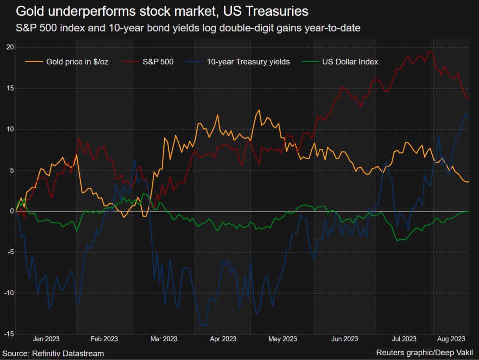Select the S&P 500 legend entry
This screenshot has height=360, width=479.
pyautogui.click(x=158, y=62)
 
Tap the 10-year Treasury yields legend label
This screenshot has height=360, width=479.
pyautogui.click(x=248, y=62)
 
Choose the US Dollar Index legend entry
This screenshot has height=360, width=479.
pyautogui.click(x=350, y=62)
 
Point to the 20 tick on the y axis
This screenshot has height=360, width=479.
pyautogui.click(x=9, y=47)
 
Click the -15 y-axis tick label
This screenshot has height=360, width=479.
pyautogui.click(x=8, y=334)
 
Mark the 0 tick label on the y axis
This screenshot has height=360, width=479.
pyautogui.click(x=11, y=211)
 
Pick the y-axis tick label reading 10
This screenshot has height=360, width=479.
pyautogui.click(x=9, y=129)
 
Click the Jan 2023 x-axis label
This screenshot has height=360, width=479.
pyautogui.click(x=46, y=339)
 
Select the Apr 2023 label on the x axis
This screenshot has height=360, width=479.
pyautogui.click(x=223, y=339)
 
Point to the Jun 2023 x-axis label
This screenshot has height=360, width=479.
pyautogui.click(x=344, y=339)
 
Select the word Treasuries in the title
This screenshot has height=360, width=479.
pyautogui.click(x=279, y=11)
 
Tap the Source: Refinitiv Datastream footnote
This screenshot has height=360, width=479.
pyautogui.click(x=54, y=353)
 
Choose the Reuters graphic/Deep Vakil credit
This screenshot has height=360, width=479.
pyautogui.click(x=427, y=353)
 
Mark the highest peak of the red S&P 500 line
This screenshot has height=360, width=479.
pyautogui.click(x=430, y=51)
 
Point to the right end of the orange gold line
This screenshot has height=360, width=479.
pyautogui.click(x=468, y=182)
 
